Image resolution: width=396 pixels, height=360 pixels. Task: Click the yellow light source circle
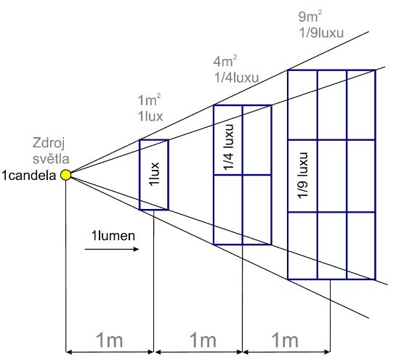coord(66,175)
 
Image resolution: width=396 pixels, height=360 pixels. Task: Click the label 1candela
coord(29,176)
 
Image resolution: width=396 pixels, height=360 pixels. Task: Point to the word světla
coord(51,159)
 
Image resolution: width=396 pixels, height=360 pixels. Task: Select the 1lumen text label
coord(113,236)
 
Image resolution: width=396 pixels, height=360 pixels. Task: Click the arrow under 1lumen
coord(112,249)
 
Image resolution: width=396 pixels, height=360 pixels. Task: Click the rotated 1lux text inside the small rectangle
coord(154,174)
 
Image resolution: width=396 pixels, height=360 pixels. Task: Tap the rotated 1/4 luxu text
coord(229,147)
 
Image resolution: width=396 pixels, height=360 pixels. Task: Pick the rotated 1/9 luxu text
coord(302,176)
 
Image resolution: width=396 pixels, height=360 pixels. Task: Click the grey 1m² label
coord(150,100)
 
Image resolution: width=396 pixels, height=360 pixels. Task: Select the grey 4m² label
coord(225,61)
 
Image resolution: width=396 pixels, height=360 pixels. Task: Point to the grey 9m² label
coord(310,17)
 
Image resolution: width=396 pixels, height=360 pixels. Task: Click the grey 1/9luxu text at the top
coord(321,33)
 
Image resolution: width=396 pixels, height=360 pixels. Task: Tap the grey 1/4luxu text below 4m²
coord(237,78)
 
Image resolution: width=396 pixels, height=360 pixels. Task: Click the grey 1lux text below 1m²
coord(150,117)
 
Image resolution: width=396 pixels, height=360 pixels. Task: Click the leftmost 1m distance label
coord(110,340)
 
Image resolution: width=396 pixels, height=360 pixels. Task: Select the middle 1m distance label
coord(203,340)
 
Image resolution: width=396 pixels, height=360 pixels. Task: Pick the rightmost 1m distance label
coord(285,340)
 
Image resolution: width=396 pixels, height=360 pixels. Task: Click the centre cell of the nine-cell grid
coord(332,176)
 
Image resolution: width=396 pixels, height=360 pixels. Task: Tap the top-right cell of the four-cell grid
coord(256,140)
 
